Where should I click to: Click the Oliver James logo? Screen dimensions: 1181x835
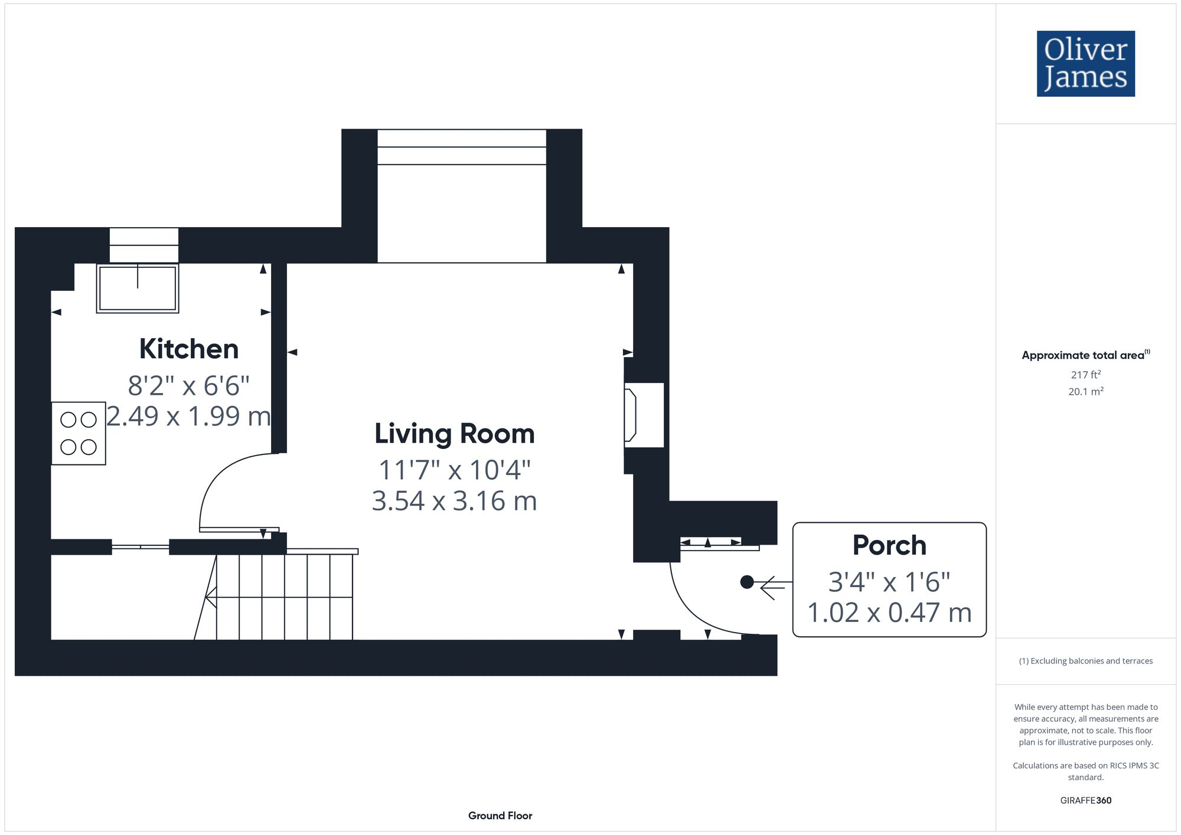tap(1086, 64)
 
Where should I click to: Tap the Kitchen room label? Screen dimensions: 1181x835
tap(189, 349)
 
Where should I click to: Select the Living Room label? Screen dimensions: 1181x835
tap(455, 434)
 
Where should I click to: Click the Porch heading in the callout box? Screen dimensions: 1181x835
tap(889, 545)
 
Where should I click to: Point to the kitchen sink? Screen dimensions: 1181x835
tap(138, 288)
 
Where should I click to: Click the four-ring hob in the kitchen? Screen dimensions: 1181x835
tap(79, 433)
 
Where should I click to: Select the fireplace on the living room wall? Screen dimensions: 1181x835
tap(644, 415)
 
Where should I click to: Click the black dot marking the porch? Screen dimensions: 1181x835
tap(747, 582)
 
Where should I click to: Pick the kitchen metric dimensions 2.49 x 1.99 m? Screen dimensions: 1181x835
tap(188, 416)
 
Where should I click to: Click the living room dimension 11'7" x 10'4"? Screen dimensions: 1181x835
tap(455, 470)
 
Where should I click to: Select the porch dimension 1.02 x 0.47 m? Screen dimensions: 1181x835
tap(889, 613)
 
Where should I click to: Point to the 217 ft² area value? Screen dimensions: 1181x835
tap(1086, 375)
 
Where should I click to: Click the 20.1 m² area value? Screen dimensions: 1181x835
tap(1086, 391)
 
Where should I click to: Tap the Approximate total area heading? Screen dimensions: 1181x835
tap(1086, 355)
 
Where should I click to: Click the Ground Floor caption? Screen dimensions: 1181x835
tap(500, 816)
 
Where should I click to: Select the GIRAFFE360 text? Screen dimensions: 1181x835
tap(1086, 801)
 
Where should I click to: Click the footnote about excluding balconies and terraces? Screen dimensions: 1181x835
tap(1086, 661)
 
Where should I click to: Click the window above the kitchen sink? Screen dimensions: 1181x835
tap(143, 245)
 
